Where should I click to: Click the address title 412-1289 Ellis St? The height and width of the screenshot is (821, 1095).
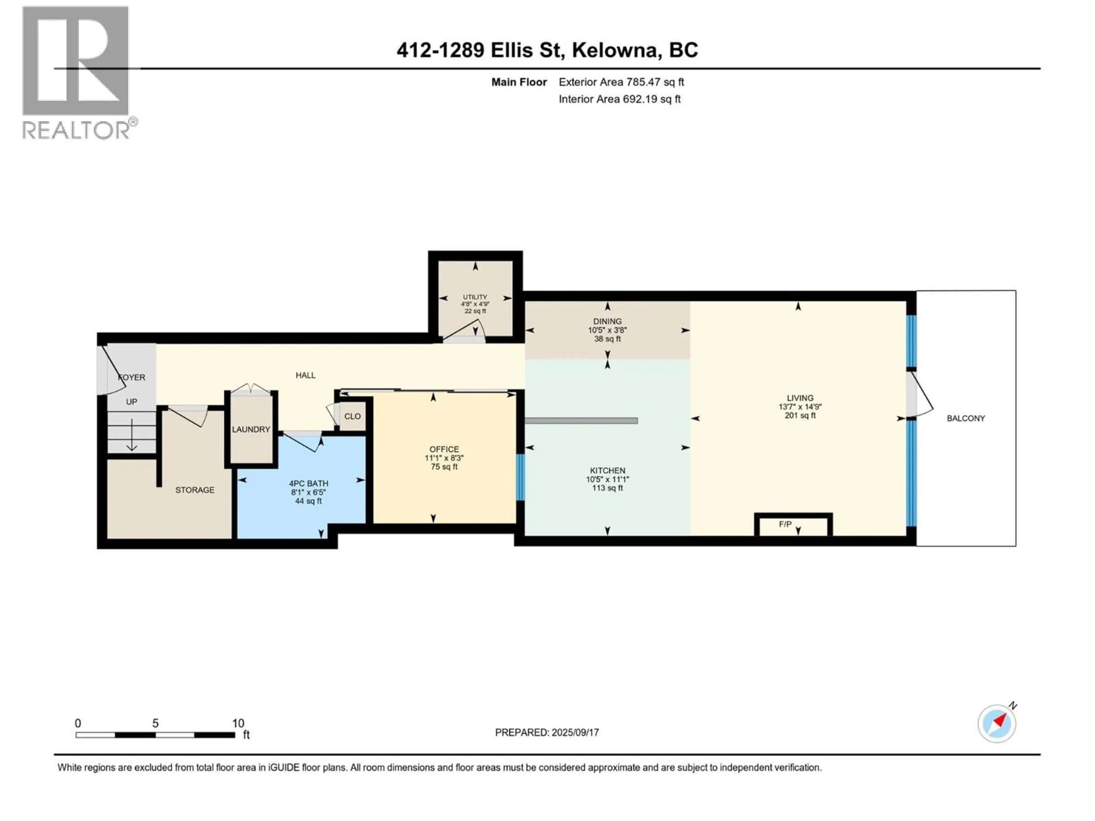547,50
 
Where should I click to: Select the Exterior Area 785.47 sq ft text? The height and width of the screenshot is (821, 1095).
621,82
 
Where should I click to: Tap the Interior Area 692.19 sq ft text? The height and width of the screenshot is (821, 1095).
619,99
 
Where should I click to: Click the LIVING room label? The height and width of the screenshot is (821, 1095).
800,398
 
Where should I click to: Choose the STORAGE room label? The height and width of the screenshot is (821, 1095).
194,490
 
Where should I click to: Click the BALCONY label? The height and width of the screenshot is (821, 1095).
965,418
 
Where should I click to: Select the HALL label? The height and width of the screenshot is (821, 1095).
305,375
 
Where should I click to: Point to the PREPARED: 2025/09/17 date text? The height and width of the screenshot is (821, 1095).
547,732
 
